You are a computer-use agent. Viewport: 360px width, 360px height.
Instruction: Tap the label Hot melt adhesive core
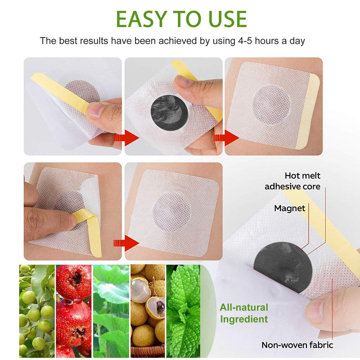tap(292, 181)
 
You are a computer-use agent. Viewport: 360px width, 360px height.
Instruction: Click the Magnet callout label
tap(290, 208)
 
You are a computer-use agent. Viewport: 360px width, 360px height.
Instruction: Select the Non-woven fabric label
tap(297, 345)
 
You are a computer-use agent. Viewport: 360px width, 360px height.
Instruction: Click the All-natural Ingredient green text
tap(243, 314)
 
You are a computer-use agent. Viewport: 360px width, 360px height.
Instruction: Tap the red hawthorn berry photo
tap(73, 310)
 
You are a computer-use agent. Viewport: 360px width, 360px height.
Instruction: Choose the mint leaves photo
tap(183, 310)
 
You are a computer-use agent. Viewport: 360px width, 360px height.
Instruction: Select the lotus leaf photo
tap(111, 310)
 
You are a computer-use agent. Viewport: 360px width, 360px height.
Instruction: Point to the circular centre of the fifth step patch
tap(171, 211)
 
